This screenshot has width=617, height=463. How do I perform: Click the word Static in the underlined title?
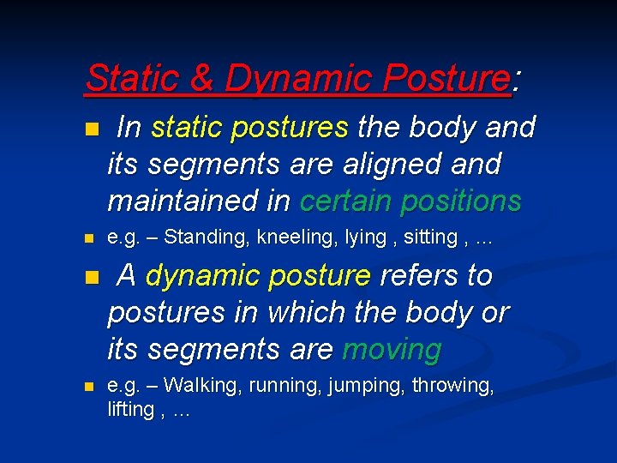tap(136, 79)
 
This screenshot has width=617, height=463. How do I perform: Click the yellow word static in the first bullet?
tap(187, 128)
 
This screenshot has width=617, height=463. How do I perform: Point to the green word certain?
tap(347, 201)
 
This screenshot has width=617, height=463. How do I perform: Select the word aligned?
tap(398, 165)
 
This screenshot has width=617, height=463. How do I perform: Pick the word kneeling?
tap(289, 238)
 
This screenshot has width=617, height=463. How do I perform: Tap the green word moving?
tap(392, 350)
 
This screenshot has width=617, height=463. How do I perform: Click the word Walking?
tap(202, 386)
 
